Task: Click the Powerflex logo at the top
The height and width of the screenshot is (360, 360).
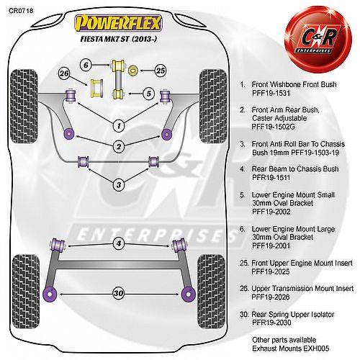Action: tap(118, 23)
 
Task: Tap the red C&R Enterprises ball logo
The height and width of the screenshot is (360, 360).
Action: tap(318, 39)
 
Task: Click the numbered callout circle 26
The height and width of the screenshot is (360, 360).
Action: tap(64, 73)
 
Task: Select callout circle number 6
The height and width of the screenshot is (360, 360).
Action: tap(86, 65)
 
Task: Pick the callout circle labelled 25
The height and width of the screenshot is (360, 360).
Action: tap(161, 71)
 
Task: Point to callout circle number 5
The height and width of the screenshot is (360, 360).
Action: tap(149, 94)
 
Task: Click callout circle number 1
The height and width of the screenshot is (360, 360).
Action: tap(119, 126)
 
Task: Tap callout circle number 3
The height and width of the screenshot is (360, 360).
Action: tap(119, 185)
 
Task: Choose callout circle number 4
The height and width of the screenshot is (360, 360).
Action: tap(119, 243)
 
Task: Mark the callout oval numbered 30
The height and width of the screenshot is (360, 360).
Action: tap(119, 293)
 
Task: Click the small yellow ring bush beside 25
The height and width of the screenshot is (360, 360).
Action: tap(132, 71)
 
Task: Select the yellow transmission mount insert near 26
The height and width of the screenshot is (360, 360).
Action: tap(97, 88)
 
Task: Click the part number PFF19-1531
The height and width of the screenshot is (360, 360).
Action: tap(271, 93)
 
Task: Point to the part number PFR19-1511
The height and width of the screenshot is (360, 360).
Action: tap(271, 178)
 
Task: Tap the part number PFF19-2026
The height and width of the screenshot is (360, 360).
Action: tap(271, 297)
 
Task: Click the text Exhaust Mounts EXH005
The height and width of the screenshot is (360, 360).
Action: tap(290, 348)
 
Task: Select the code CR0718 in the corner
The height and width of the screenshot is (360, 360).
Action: tap(21, 11)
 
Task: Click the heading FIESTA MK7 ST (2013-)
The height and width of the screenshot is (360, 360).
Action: tap(119, 39)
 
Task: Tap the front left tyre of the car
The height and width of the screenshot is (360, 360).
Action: tap(24, 107)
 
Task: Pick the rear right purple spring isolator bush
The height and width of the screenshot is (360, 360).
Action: tap(189, 294)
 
